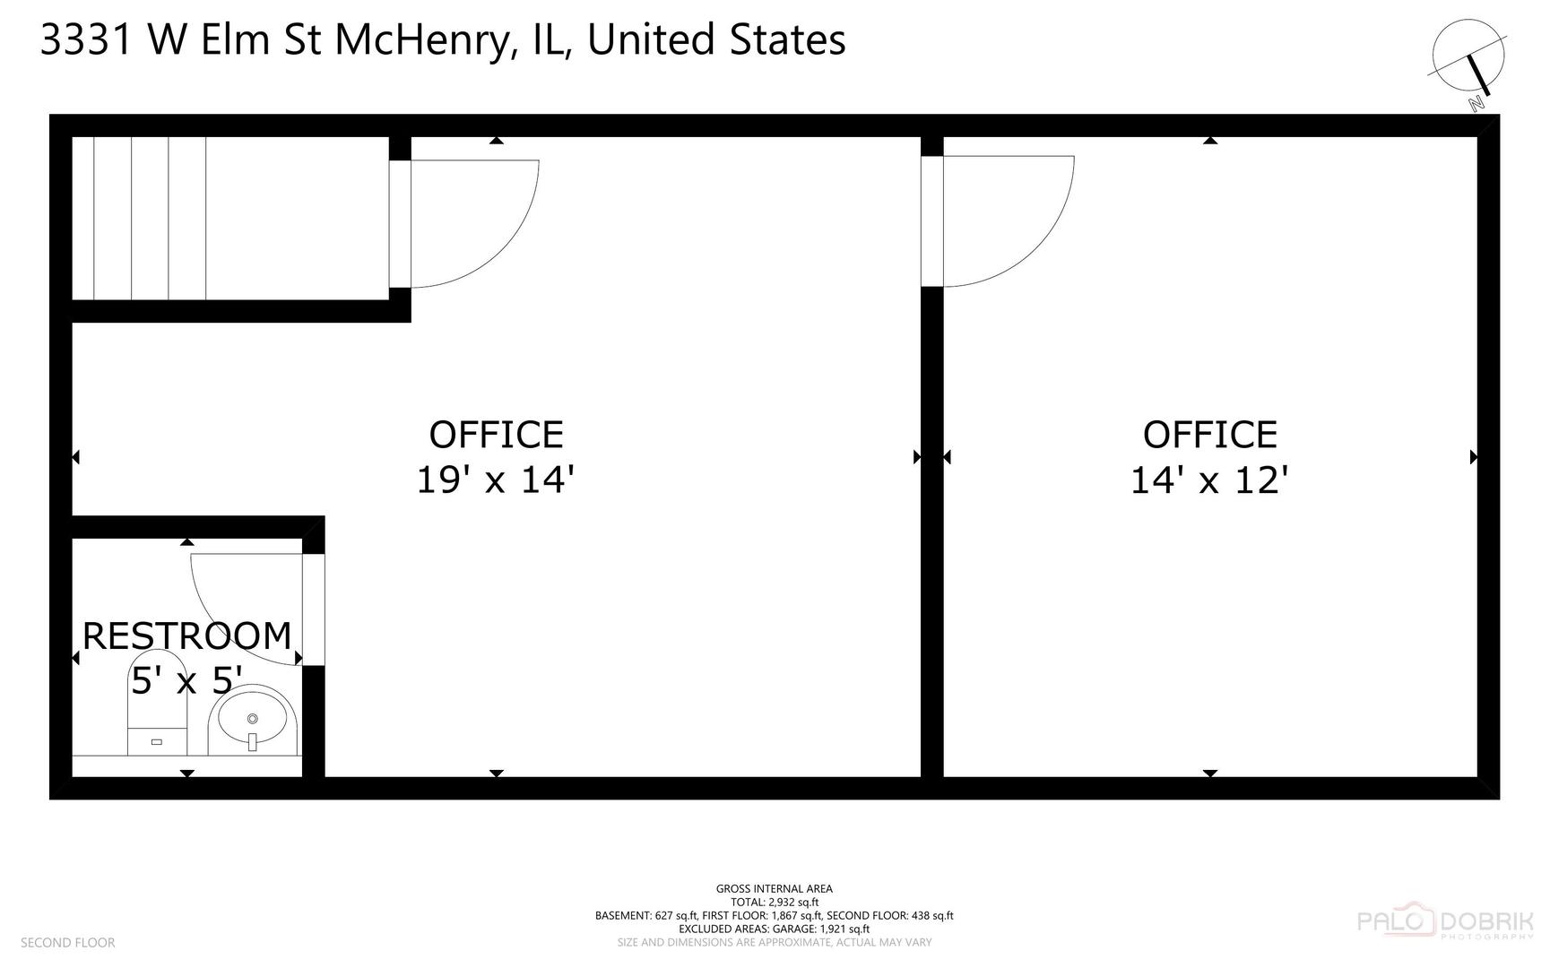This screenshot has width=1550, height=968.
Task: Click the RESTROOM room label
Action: coord(186,635)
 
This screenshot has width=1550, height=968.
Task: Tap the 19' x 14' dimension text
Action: coord(495,480)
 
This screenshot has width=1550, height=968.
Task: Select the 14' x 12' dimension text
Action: coord(1209,480)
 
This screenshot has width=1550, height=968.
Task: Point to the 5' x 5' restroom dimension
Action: coord(186,681)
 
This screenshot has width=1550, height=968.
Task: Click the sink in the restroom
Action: coord(253,721)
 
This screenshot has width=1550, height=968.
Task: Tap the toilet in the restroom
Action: coord(157,704)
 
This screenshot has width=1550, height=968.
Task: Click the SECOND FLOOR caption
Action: coord(68,943)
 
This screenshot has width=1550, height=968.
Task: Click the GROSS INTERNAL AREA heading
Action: coord(775,889)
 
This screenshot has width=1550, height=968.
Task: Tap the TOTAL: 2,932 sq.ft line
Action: coord(775,903)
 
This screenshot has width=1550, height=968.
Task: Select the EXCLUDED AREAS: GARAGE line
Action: coord(775,929)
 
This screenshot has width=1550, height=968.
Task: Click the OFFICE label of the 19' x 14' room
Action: coord(496,436)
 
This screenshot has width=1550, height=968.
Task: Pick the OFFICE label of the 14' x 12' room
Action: coord(1209,436)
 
